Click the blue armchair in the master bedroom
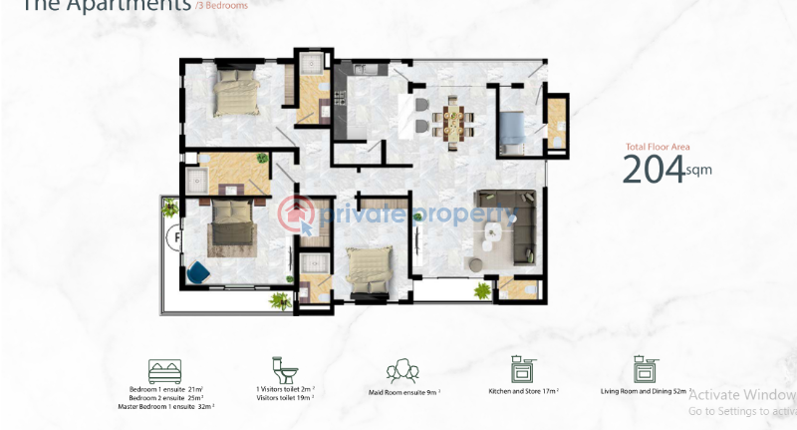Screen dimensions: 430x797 point(198,269)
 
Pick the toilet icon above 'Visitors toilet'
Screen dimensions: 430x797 point(284,370)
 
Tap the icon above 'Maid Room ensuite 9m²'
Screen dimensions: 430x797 point(402,370)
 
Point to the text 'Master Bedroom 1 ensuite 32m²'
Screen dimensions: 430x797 point(172,406)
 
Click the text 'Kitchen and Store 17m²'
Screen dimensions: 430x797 point(523,392)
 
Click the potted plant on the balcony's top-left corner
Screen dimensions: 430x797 point(170,207)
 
